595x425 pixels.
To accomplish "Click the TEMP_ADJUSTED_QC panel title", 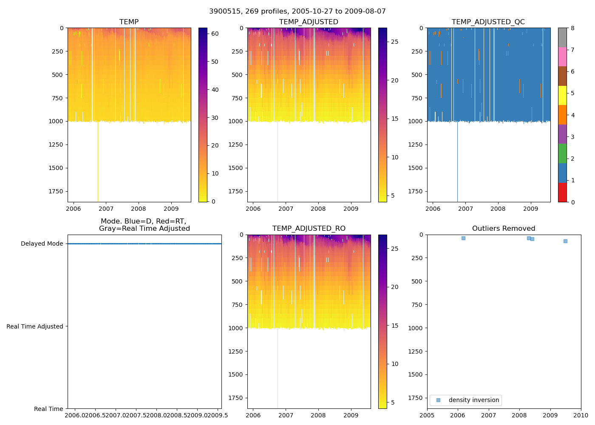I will pos(488,22).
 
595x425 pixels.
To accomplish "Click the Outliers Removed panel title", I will pos(504,229).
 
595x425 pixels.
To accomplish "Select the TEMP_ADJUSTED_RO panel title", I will pos(309,229).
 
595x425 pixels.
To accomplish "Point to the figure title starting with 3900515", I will pos(297,11).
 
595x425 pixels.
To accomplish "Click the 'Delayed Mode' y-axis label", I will pos(42,244).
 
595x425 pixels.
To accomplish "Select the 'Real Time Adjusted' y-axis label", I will pos(35,326).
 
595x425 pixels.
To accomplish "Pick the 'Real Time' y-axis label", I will pos(48,409).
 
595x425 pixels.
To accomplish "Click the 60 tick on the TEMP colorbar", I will pos(215,34).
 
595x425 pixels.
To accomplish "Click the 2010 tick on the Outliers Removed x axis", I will pos(581,415).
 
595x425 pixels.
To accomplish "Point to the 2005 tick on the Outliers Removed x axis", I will pos(427,415).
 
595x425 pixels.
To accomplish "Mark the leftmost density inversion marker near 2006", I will pos(463,238).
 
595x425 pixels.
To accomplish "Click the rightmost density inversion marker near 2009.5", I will pos(565,241).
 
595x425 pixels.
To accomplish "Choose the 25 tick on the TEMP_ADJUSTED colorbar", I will pos(394,42).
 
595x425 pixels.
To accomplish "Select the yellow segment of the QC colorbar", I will pos(562,96).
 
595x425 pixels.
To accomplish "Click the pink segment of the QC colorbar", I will pos(562,57).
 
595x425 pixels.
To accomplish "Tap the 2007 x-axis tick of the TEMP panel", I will pos(106,209).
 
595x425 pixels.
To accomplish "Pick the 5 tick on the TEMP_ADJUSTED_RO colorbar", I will pos(394,402).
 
